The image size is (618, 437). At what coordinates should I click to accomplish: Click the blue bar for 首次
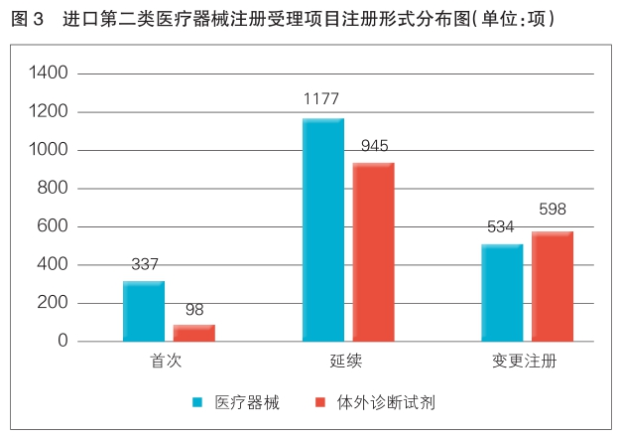[x=144, y=311]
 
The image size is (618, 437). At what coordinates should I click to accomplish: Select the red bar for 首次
[x=194, y=333]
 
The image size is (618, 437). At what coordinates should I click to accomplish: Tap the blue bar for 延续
[x=323, y=229]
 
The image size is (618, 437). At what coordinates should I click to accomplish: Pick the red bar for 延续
[x=374, y=251]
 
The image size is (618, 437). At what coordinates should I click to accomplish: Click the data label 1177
[x=323, y=99]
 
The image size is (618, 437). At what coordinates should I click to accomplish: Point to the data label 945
[x=374, y=146]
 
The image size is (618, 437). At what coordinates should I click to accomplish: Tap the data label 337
[x=145, y=264]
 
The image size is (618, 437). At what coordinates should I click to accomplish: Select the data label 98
[x=194, y=310]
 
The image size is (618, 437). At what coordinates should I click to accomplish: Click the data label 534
[x=500, y=227]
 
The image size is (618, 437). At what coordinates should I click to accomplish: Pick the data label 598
[x=553, y=210]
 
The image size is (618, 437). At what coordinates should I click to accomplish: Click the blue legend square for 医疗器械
[x=197, y=403]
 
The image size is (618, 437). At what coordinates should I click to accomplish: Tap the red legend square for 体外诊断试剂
[x=319, y=403]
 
